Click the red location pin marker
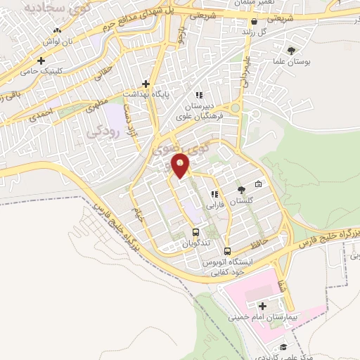click(x=181, y=166)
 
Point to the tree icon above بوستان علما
click(x=291, y=50)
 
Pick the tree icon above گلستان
click(x=241, y=190)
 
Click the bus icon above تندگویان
click(x=195, y=233)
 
